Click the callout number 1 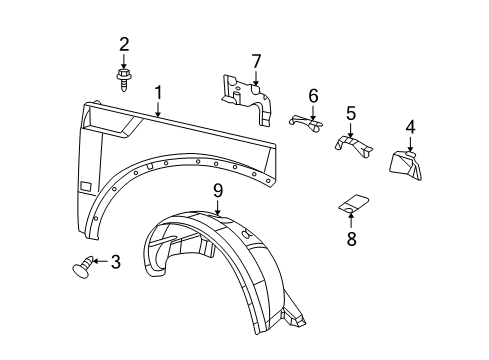click(158, 93)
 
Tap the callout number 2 click(125, 44)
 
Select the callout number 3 click(116, 262)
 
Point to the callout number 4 click(410, 127)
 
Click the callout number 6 click(313, 96)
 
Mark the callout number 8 click(350, 239)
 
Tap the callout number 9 click(217, 190)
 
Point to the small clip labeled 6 click(308, 121)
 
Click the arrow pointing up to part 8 click(350, 220)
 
